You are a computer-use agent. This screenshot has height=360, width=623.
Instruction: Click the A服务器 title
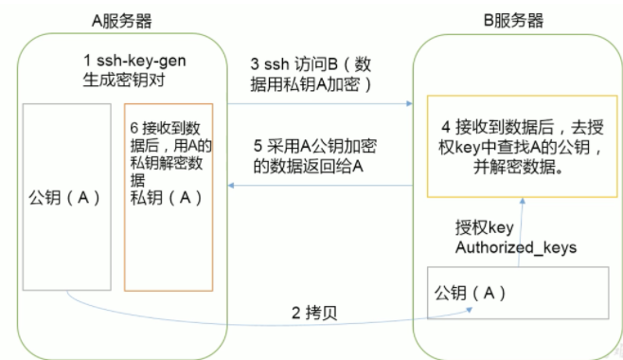[121, 21]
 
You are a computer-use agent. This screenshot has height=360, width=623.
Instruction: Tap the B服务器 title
[513, 20]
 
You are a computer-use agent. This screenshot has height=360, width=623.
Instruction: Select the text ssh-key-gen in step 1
[141, 61]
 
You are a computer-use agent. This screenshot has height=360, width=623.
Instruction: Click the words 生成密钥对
[124, 80]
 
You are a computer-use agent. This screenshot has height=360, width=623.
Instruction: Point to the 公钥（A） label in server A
[64, 197]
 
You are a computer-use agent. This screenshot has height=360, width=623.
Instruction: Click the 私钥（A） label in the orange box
[167, 197]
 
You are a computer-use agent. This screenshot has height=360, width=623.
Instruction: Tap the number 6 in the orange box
[133, 128]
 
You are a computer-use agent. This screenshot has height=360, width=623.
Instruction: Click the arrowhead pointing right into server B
[410, 103]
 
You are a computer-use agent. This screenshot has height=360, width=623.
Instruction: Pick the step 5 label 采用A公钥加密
[321, 146]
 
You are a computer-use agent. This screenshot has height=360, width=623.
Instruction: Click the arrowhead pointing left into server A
[231, 185]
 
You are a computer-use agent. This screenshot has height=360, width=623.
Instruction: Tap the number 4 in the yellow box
[446, 127]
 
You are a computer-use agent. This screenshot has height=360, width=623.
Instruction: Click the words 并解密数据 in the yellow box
[514, 166]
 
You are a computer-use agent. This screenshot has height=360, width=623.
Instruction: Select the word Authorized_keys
[516, 247]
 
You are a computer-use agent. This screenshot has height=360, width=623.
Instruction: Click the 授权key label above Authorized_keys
[485, 227]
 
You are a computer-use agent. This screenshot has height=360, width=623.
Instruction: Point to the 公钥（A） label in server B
[470, 293]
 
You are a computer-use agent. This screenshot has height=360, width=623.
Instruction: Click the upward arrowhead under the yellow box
[523, 201]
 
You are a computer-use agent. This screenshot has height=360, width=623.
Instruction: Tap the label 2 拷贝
[314, 313]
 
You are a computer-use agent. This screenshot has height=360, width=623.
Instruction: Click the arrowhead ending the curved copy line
[470, 309]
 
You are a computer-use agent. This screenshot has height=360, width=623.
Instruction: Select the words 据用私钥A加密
[305, 84]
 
